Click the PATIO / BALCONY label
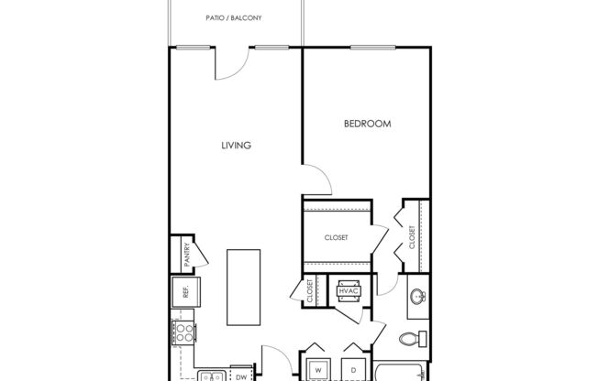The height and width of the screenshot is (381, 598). pos(235,17)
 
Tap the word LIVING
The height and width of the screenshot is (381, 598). pos(236,145)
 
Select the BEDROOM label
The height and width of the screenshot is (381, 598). pos(368,123)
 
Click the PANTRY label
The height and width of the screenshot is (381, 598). pos(186,253)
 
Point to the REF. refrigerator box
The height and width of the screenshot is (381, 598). pos(183,293)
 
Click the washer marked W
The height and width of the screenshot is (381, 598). pos(317,365)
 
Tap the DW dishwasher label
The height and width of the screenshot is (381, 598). pos(240,375)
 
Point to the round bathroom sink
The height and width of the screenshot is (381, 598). pos(418,299)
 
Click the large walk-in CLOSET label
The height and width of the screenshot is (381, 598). pos(336,237)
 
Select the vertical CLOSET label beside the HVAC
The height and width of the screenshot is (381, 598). pos(310,291)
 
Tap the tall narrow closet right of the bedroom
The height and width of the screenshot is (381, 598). pos(412,236)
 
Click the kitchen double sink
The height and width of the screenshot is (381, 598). pos(211,375)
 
